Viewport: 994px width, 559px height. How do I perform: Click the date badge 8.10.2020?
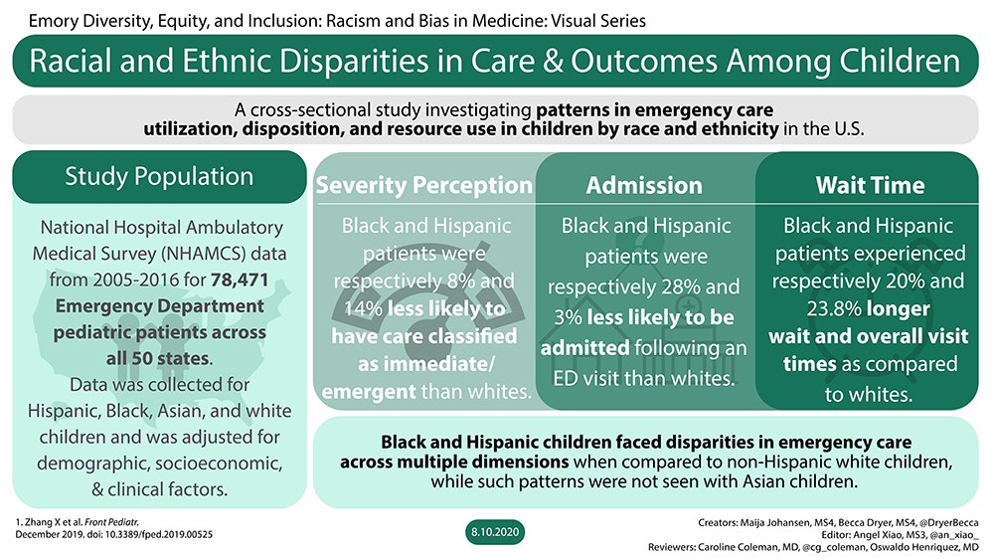click(494, 532)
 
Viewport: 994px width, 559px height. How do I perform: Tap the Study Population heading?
click(159, 176)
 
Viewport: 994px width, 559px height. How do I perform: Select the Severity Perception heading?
click(424, 185)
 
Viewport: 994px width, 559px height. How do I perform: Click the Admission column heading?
click(644, 185)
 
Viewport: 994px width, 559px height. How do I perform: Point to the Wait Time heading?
click(870, 185)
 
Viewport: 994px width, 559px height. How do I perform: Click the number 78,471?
click(240, 279)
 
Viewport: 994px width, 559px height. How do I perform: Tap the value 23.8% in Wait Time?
click(834, 309)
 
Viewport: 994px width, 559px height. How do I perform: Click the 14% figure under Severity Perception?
click(363, 309)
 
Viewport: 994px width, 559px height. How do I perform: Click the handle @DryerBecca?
click(949, 523)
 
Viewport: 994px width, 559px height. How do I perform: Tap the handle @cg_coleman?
click(833, 547)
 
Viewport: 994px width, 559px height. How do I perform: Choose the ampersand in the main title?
click(553, 61)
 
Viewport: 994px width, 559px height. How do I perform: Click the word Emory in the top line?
click(48, 21)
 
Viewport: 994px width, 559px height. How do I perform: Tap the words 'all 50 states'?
click(158, 358)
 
